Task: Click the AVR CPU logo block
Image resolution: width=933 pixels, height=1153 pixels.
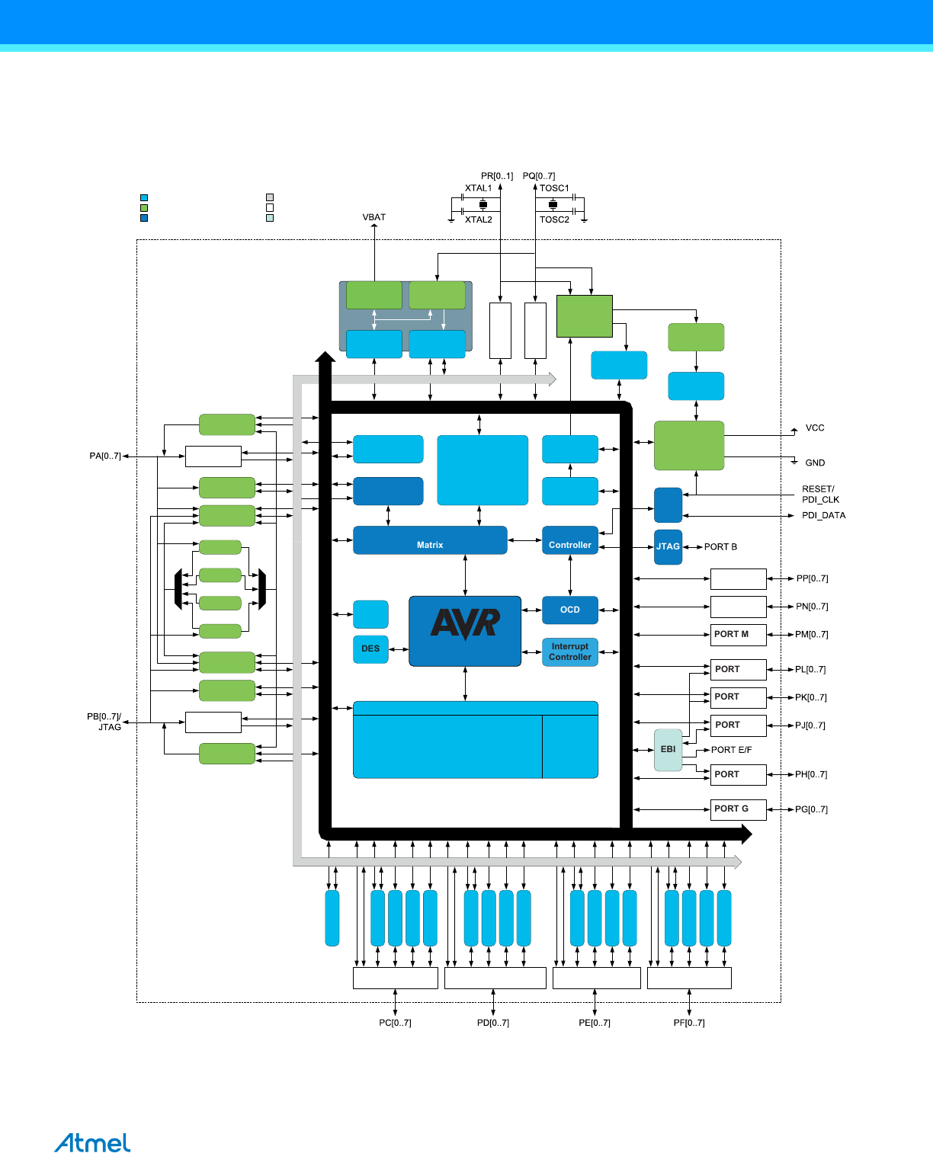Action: [465, 631]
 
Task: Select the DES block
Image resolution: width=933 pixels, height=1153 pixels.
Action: [370, 649]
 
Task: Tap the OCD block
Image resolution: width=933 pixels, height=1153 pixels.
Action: [570, 610]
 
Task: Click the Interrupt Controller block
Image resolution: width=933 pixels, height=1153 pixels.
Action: [570, 652]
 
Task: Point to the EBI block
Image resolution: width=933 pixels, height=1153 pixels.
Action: [668, 750]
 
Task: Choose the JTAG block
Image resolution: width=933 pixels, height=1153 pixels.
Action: [668, 547]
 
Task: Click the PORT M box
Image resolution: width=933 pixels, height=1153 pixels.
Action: [738, 635]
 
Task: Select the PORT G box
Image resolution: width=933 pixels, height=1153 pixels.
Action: [738, 809]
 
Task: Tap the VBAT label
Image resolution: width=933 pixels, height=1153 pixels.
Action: [374, 217]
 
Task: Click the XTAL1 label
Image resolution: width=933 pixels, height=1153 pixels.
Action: [479, 188]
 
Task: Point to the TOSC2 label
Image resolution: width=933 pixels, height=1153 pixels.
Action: [554, 219]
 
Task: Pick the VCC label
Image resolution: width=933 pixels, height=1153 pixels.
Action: [815, 428]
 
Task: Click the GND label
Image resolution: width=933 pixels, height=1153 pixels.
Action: [815, 463]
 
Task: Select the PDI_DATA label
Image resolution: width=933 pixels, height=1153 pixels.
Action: [823, 516]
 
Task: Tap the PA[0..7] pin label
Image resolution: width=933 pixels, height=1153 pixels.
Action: [105, 456]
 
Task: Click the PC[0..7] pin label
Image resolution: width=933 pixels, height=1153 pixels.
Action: [395, 1023]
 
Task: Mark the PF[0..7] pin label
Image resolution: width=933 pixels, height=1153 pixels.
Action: [689, 1023]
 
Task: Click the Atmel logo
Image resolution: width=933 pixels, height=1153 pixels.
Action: [92, 1142]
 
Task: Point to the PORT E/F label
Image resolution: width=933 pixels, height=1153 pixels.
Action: [731, 750]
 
